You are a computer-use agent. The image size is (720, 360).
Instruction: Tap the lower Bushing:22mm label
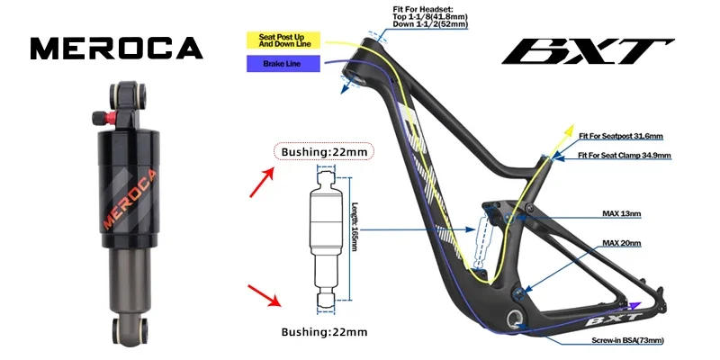(x=324, y=332)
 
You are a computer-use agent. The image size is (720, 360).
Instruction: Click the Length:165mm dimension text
(x=355, y=226)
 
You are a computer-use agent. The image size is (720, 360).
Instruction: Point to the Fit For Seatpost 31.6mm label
(x=620, y=136)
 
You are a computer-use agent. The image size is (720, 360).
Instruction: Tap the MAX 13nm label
(x=621, y=214)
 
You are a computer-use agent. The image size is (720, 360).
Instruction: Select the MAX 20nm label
(x=621, y=243)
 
